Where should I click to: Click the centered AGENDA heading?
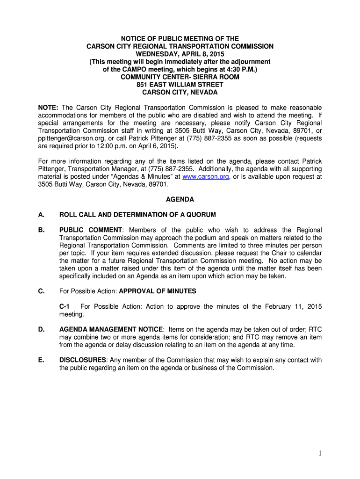pyautogui.click(x=180, y=199)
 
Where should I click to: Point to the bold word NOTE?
pyautogui.click(x=48, y=108)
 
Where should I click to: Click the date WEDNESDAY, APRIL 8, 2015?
pyautogui.click(x=180, y=54)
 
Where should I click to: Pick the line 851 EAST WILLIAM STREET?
pyautogui.click(x=180, y=85)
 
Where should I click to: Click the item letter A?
pyautogui.click(x=41, y=215)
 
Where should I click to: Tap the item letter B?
pyautogui.click(x=41, y=230)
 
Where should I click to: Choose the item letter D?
pyautogui.click(x=41, y=330)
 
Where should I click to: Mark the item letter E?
pyautogui.click(x=41, y=360)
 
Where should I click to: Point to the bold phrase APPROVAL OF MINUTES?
pyautogui.click(x=158, y=291)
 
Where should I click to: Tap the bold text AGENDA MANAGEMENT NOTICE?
pyautogui.click(x=111, y=330)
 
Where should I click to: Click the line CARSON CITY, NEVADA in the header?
pyautogui.click(x=180, y=92)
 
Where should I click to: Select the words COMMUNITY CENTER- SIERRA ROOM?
pyautogui.click(x=180, y=77)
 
